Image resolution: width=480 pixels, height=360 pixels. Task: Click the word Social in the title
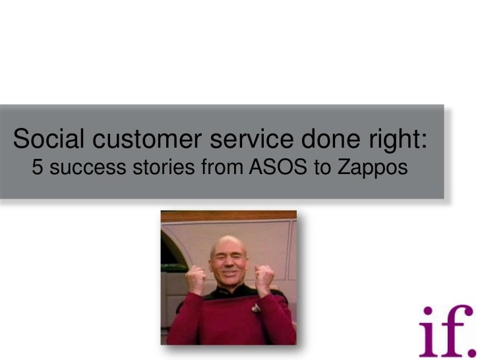pos(48,139)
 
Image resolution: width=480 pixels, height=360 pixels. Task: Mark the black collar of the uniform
pos(231,293)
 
